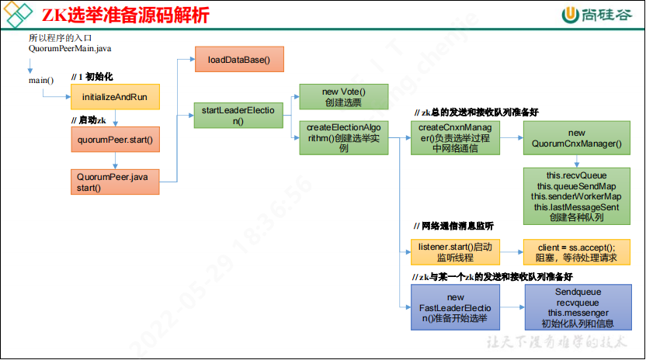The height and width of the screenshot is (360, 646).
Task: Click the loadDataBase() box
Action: tap(239, 60)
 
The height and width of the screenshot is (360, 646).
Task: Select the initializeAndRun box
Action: tap(115, 97)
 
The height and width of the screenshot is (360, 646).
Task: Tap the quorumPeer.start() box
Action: tap(115, 140)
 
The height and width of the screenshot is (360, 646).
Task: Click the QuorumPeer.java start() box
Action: tap(115, 182)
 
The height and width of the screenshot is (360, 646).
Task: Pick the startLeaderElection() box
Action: tap(239, 116)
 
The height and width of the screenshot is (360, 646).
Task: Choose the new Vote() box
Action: tap(344, 97)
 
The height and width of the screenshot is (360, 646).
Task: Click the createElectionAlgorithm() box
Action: tap(344, 137)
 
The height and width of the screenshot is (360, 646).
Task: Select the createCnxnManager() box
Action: tap(455, 137)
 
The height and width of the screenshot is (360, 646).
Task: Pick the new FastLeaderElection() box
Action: tap(455, 307)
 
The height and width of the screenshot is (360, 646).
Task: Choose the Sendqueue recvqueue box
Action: tap(576, 307)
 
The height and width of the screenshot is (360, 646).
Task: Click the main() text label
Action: tap(41, 79)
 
